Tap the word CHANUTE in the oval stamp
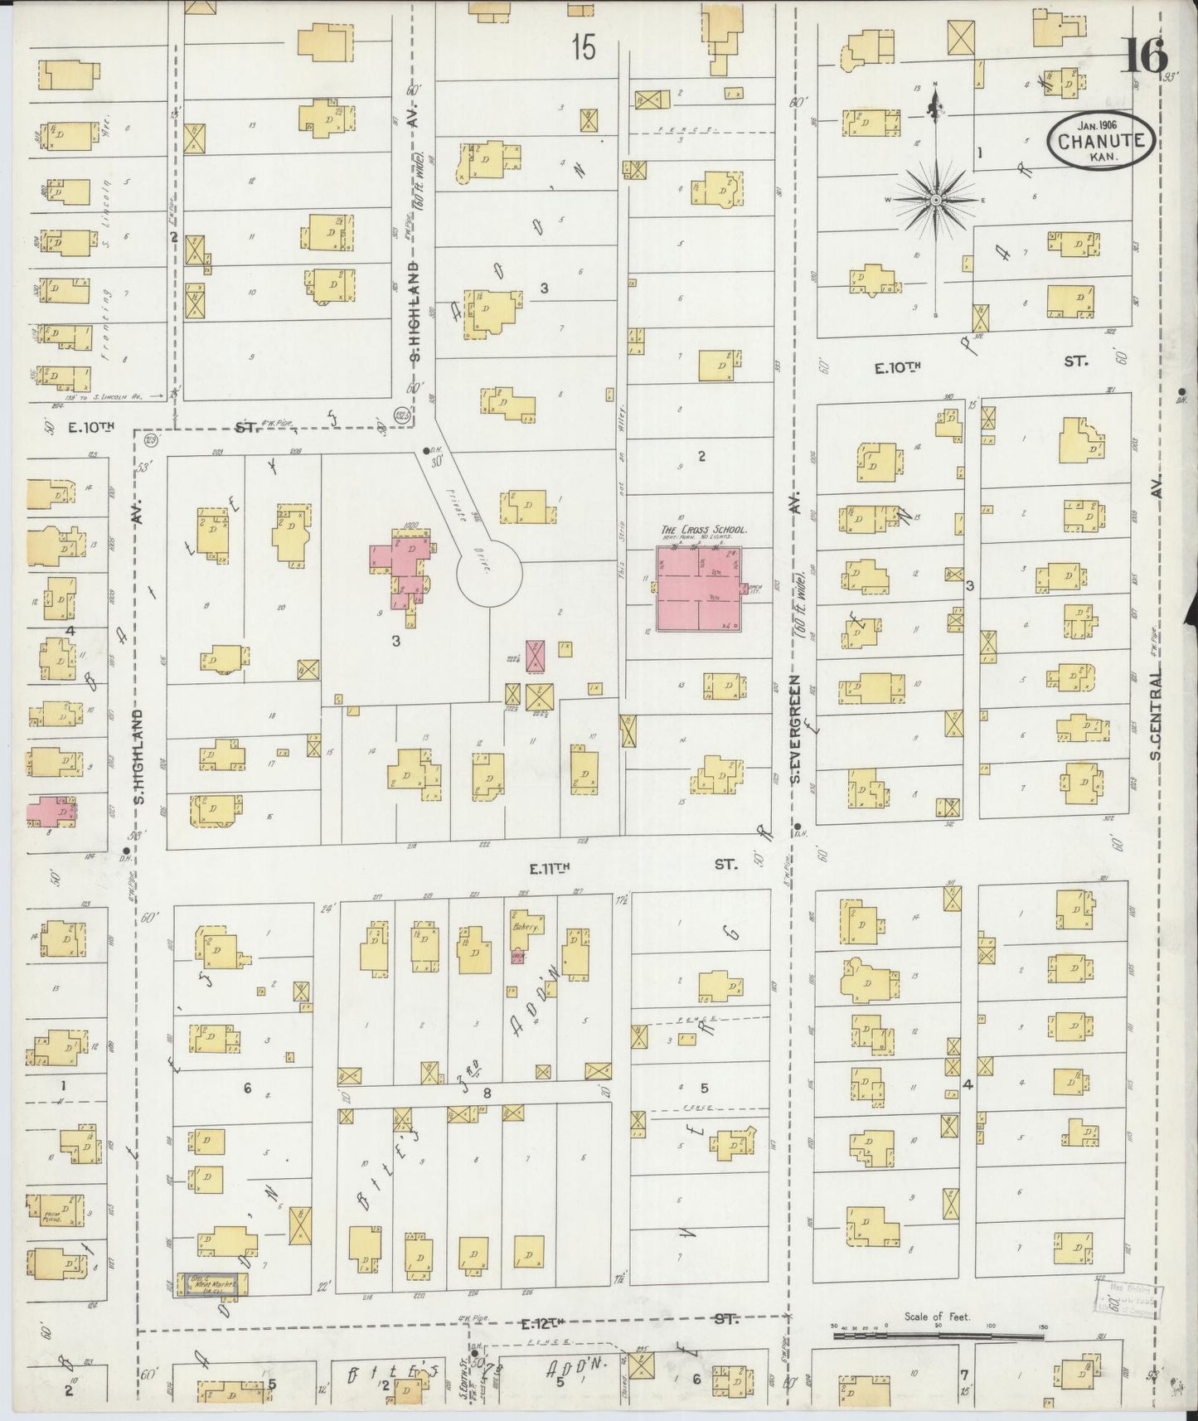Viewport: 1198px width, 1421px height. pos(1102,140)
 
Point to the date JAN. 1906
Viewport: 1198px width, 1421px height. pos(1100,124)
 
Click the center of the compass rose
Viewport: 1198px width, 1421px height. pos(935,200)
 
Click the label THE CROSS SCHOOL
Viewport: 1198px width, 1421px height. pos(704,529)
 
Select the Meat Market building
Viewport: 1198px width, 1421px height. pos(209,1307)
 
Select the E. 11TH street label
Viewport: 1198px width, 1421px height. pos(551,868)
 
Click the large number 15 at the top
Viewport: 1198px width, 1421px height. pos(584,49)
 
